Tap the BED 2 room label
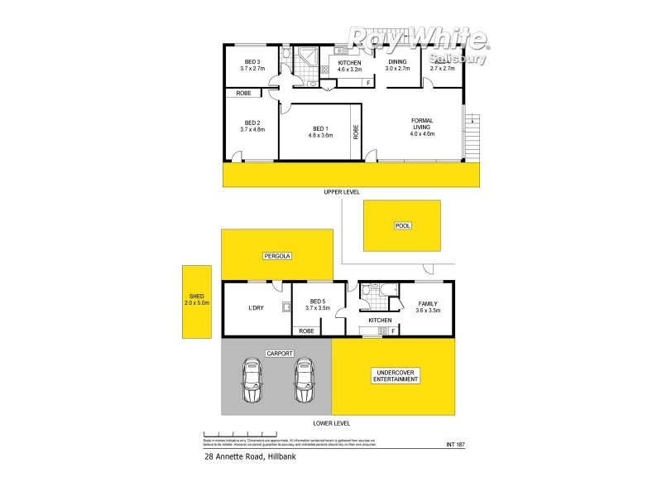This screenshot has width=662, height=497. pyautogui.click(x=252, y=125)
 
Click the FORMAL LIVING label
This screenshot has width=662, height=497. pyautogui.click(x=422, y=127)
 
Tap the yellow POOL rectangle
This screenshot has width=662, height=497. pyautogui.click(x=403, y=225)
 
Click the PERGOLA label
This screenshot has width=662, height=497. pyautogui.click(x=276, y=255)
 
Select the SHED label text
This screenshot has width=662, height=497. pyautogui.click(x=197, y=299)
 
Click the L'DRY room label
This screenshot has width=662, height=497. pyautogui.click(x=256, y=308)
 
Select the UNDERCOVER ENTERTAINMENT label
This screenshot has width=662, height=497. pyautogui.click(x=394, y=377)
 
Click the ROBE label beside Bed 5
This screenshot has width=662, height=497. pyautogui.click(x=305, y=331)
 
